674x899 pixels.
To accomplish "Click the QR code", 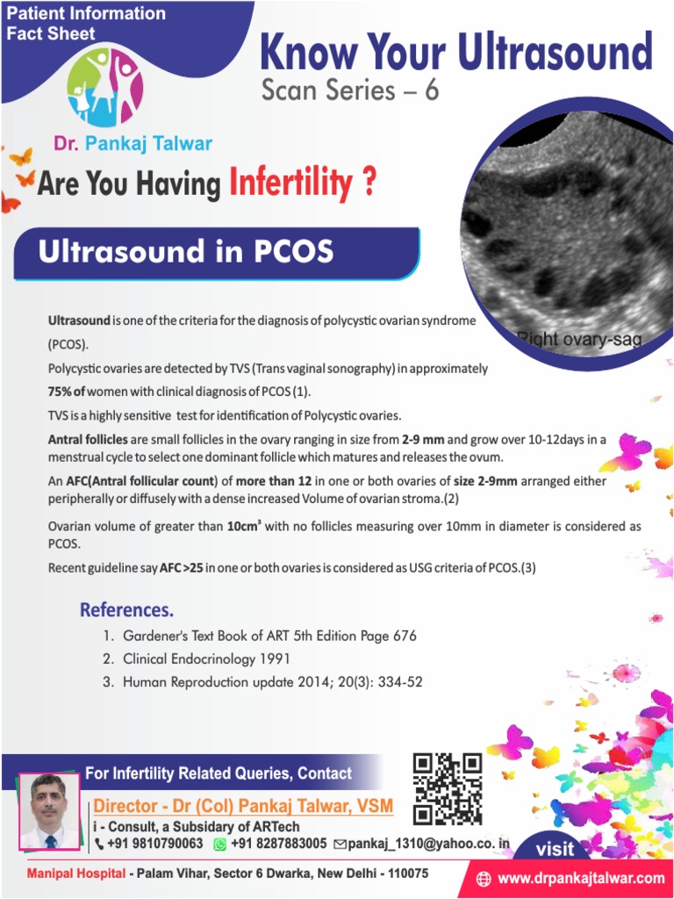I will click(448, 788).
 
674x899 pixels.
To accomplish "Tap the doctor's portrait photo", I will click(49, 811).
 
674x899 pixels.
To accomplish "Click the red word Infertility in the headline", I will click(290, 183).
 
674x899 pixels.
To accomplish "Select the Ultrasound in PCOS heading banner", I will click(186, 252).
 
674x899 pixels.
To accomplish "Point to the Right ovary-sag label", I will click(578, 338).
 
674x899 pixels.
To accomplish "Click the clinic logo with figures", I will click(105, 88).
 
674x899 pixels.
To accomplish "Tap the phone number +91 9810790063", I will click(154, 844).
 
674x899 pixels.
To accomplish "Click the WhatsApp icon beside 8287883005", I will click(220, 844).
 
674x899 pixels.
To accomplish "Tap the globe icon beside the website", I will click(484, 878).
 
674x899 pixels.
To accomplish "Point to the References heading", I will click(126, 609).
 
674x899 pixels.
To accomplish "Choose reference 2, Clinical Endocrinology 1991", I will click(205, 658).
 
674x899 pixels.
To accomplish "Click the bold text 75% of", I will click(67, 392).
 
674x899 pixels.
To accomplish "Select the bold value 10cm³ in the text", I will click(246, 527).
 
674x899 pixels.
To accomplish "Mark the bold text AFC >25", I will click(182, 568).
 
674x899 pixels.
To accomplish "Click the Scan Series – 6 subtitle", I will click(349, 90).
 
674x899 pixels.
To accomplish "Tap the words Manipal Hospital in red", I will click(76, 874).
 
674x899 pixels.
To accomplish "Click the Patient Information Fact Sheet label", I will click(86, 24).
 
